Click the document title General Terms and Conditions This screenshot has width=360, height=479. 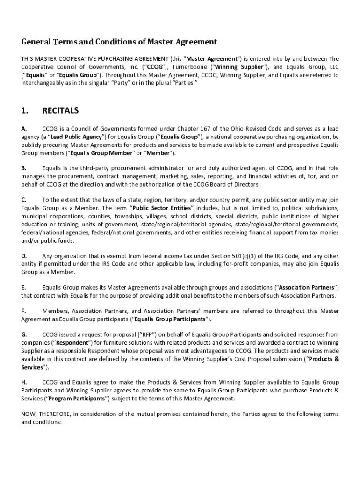tap(119, 42)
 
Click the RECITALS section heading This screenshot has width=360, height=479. tap(60, 111)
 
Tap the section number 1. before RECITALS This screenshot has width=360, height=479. tap(25, 111)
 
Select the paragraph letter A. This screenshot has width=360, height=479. tap(24, 128)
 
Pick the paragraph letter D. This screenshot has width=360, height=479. tap(24, 256)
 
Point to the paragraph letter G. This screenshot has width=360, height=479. tap(24, 334)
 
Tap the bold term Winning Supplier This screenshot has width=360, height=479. tap(238, 66)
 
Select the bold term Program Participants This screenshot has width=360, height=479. tap(79, 399)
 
